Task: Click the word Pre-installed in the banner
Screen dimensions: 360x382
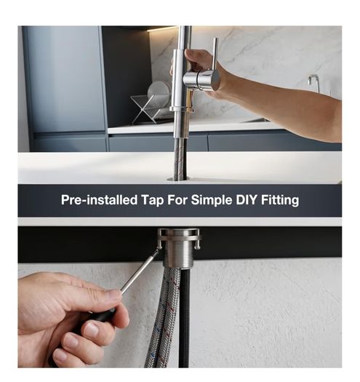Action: (x=99, y=200)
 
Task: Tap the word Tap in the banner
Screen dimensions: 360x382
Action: (x=152, y=201)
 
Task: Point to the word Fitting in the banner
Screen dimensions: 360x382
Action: (x=280, y=201)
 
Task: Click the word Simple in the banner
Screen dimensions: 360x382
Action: (x=211, y=201)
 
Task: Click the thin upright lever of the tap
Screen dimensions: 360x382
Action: (x=215, y=54)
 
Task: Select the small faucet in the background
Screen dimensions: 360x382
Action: (x=314, y=83)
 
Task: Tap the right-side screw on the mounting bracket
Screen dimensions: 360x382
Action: (x=197, y=247)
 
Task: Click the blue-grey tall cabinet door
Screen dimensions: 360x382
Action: (x=65, y=79)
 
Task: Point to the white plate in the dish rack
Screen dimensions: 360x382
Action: (x=159, y=92)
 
